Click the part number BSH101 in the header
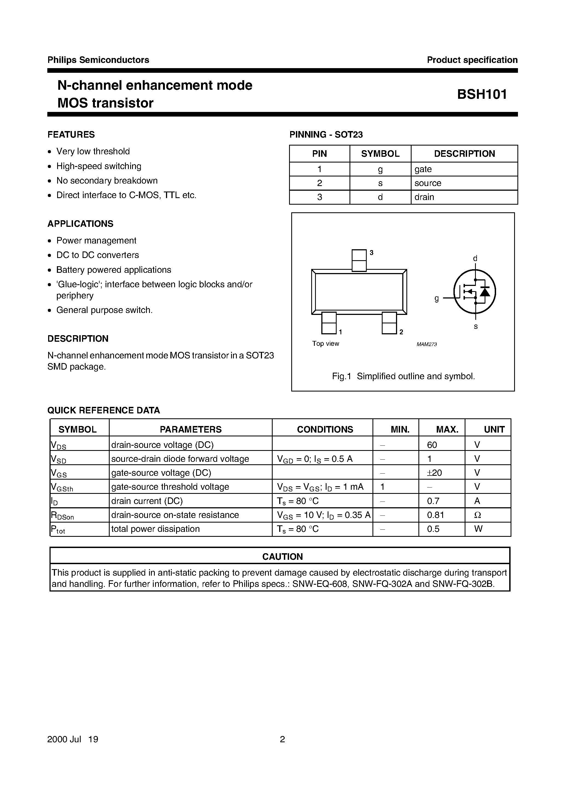(482, 94)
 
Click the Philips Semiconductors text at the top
(98, 60)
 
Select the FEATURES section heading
(71, 135)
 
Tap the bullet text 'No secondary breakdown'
(107, 181)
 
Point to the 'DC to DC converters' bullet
(98, 255)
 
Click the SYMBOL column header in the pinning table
(380, 154)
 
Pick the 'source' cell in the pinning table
(428, 183)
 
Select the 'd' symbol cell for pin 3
(380, 197)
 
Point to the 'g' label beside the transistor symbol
(436, 298)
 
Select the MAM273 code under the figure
(426, 344)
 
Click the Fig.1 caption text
(403, 376)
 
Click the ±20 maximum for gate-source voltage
(434, 473)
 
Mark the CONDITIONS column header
(325, 429)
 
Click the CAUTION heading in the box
(282, 556)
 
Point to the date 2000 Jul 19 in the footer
(73, 739)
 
